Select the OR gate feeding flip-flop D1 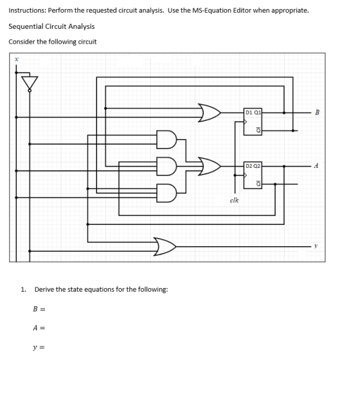[210, 113]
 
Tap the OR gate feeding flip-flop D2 [210, 166]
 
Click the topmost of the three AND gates [166, 139]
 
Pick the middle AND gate [166, 166]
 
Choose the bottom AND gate [166, 193]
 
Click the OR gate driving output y [165, 247]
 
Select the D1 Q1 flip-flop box [253, 122]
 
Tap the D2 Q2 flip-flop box [253, 175]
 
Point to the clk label [234, 201]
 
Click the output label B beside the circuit [317, 113]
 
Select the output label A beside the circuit [316, 166]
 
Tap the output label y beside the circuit [316, 246]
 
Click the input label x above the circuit [16, 60]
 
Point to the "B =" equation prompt [39, 309]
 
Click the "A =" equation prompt [39, 328]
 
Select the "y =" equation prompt [39, 347]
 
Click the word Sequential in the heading [26, 26]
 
